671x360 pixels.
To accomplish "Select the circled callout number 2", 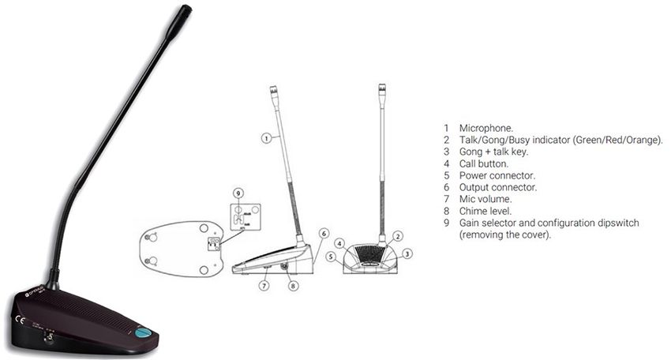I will coord(399,235).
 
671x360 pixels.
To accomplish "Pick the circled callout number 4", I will coord(339,243).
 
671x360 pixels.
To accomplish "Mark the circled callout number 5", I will coord(333,257).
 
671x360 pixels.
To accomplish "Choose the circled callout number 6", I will coord(323,234).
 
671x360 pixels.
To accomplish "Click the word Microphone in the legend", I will coord(485,127).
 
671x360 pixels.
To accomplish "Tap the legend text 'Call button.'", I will coord(483,163).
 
